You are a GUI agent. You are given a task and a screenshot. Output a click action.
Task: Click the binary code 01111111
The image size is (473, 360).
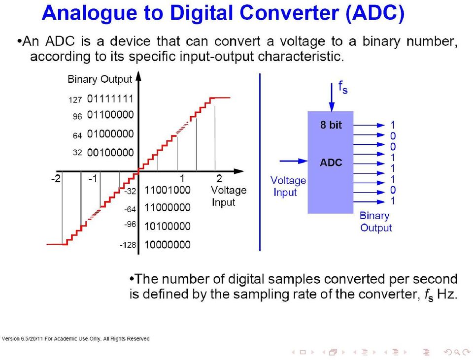point(110,98)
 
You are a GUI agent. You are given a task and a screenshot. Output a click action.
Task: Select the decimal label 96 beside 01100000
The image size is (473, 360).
point(77,116)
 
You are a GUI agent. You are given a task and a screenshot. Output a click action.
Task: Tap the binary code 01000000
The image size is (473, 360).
point(110,133)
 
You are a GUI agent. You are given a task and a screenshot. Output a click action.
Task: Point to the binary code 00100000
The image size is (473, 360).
point(110,153)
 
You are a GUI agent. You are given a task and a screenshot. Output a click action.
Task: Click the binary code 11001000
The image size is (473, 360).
point(167,190)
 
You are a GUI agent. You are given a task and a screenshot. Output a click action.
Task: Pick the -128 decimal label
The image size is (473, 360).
point(128,245)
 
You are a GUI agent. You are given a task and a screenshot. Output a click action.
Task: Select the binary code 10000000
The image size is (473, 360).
point(167,245)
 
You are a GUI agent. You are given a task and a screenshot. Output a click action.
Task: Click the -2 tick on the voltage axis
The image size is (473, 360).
point(56,179)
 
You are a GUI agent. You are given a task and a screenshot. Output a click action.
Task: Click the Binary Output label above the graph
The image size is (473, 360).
point(100,79)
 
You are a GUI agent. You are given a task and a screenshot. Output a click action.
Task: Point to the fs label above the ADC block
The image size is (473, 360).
point(343,87)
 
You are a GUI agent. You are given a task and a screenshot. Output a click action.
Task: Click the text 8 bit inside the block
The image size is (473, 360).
point(331,125)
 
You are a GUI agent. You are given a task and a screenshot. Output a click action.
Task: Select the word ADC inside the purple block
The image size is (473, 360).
point(331,163)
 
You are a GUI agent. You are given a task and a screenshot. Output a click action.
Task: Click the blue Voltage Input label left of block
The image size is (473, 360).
point(288,186)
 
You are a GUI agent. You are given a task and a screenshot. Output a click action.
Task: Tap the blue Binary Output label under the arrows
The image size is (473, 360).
point(375,222)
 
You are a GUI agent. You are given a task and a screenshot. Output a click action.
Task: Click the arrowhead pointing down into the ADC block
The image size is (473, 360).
point(332,107)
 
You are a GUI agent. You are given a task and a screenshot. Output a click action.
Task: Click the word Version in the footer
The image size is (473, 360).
point(10,339)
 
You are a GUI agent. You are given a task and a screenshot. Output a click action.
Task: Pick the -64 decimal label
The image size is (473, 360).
point(130,209)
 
